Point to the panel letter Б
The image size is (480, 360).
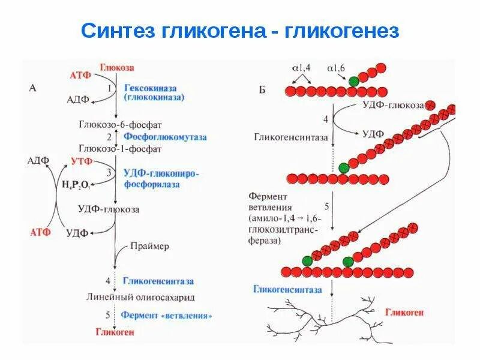(x=262, y=90)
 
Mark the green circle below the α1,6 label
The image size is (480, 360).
(x=354, y=80)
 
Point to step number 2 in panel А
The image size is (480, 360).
(x=109, y=136)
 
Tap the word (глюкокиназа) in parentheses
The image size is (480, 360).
(x=154, y=97)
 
